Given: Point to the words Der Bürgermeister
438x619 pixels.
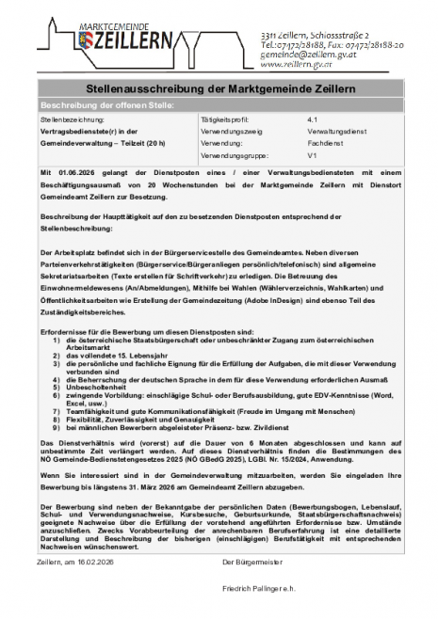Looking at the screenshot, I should click(251, 561).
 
